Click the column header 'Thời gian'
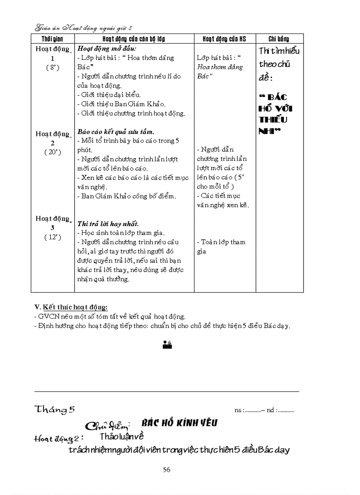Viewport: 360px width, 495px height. click(52, 39)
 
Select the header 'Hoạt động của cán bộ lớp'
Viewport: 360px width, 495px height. click(134, 39)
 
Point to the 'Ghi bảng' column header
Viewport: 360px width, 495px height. click(279, 39)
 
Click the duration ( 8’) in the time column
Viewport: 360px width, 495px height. click(52, 68)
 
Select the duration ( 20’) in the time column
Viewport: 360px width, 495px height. click(52, 152)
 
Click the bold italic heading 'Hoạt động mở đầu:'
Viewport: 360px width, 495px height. click(107, 48)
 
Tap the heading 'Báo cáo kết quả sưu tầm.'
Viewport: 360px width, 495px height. click(116, 132)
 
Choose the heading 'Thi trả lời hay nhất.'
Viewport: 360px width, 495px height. click(108, 223)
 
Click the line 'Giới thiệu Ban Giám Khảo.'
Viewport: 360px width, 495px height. click(121, 104)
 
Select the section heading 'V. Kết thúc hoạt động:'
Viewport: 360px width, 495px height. click(71, 307)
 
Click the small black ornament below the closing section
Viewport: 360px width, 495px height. click(167, 345)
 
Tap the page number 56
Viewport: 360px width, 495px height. click(167, 469)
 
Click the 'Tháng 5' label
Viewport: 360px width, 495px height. click(55, 409)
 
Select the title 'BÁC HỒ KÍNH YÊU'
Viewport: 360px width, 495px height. click(179, 423)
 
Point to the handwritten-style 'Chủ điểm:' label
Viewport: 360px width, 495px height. click(107, 425)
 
